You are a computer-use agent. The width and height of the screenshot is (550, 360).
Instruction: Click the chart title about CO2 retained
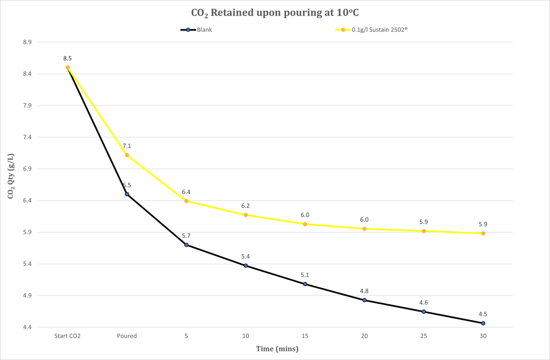(275, 12)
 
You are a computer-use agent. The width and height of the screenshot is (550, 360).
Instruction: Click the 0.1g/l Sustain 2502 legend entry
(371, 30)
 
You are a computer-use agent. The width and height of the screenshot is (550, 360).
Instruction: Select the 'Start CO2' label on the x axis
(67, 336)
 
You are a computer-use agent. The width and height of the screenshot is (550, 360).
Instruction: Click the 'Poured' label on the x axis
(127, 336)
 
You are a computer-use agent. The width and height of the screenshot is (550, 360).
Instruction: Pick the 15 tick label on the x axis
(305, 336)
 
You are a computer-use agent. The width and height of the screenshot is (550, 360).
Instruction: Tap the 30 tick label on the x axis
(483, 336)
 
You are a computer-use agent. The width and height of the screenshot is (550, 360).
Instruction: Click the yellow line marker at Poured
(127, 155)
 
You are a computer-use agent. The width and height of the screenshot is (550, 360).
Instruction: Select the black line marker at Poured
(127, 194)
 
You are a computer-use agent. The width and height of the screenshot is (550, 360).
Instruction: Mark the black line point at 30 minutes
(483, 323)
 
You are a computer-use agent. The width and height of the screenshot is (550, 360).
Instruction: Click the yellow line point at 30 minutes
(483, 233)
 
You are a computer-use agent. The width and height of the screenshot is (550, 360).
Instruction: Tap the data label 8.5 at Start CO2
(67, 58)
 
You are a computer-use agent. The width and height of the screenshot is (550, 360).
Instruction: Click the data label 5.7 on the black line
(186, 235)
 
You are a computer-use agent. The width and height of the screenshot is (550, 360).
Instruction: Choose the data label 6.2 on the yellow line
(245, 206)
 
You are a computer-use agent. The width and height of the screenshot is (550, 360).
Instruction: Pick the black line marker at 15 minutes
(305, 284)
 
